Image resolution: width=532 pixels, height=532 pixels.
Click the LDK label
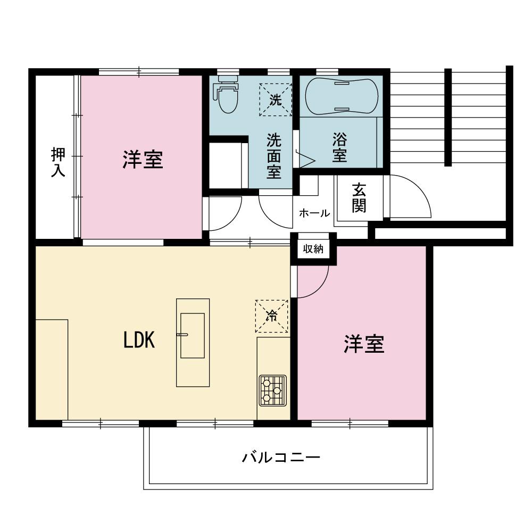(x=139, y=340)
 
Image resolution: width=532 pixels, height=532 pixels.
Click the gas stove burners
(x=272, y=391)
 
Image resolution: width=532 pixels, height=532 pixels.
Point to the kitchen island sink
(x=192, y=335)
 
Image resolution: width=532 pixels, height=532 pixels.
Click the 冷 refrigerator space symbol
(x=271, y=317)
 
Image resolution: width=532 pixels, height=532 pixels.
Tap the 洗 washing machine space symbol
(x=275, y=99)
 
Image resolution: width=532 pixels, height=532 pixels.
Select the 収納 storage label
(x=313, y=249)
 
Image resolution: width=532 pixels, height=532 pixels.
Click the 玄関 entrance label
(x=359, y=198)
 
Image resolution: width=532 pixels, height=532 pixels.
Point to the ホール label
(x=314, y=213)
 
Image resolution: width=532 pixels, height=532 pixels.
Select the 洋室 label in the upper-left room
(x=142, y=160)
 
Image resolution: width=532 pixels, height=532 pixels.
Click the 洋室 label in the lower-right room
(x=363, y=345)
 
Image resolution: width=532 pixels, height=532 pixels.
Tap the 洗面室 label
(x=274, y=156)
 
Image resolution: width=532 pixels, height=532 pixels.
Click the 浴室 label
(x=339, y=148)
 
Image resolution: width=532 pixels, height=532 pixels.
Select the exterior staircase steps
(x=420, y=117)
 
